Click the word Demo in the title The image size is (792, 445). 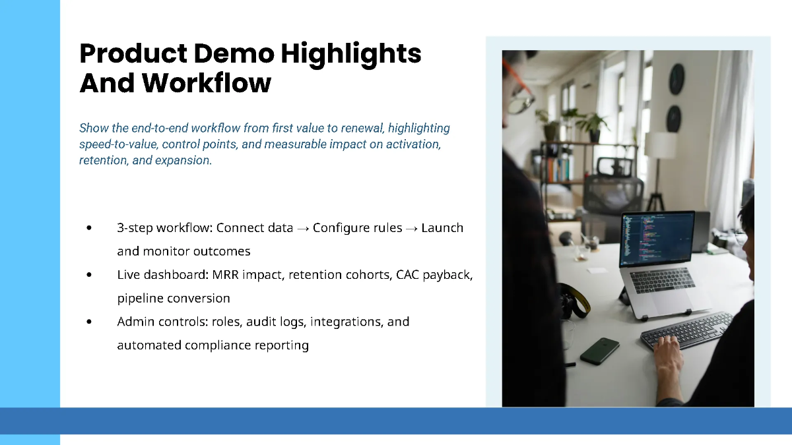point(234,53)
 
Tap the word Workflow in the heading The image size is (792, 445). point(207,83)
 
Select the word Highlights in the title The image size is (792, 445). point(350,55)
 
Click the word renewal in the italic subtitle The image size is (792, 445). point(362,128)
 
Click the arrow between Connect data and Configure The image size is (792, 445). point(303,229)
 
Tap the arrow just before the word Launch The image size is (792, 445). point(412,229)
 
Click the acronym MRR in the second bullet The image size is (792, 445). point(226,275)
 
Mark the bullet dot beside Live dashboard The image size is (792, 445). point(88,274)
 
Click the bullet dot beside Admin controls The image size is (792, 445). point(88,322)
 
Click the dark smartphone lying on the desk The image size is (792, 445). point(600,351)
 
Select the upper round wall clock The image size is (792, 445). point(676,78)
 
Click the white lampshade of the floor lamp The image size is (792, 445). point(660,145)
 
